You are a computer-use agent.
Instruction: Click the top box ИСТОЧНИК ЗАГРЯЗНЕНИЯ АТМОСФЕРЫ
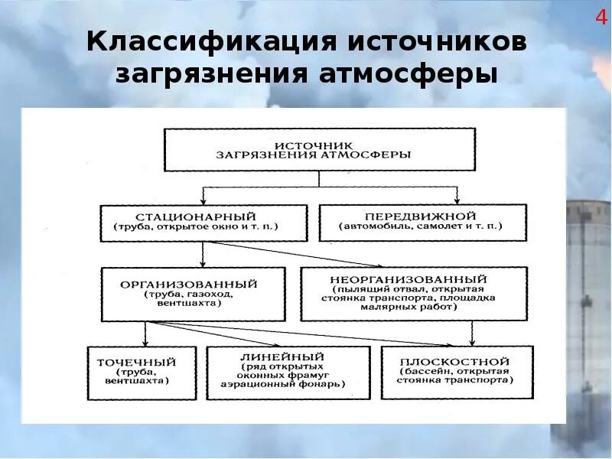[320, 149]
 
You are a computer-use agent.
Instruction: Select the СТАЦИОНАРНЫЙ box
[202, 222]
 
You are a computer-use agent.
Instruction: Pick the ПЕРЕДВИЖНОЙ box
[422, 222]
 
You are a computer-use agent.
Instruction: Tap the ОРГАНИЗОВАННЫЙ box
[193, 293]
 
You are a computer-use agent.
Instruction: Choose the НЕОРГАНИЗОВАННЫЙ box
[414, 293]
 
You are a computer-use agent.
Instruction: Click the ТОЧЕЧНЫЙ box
[142, 372]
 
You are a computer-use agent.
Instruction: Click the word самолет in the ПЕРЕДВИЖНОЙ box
[457, 228]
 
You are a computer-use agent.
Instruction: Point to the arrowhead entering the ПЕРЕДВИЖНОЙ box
[457, 200]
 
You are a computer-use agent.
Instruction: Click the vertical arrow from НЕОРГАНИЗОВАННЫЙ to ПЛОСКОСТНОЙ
[472, 332]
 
